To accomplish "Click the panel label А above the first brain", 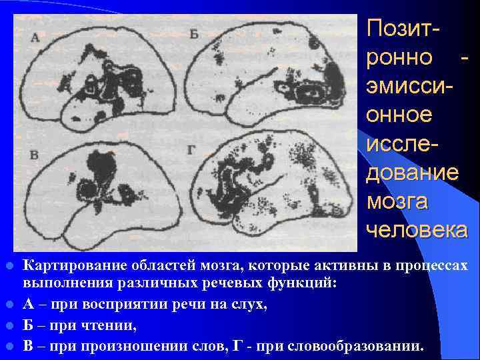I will (x=35, y=39).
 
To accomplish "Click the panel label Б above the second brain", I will (x=194, y=35).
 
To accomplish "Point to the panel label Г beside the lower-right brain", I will (x=191, y=151).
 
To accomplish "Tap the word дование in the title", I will (x=412, y=172).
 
